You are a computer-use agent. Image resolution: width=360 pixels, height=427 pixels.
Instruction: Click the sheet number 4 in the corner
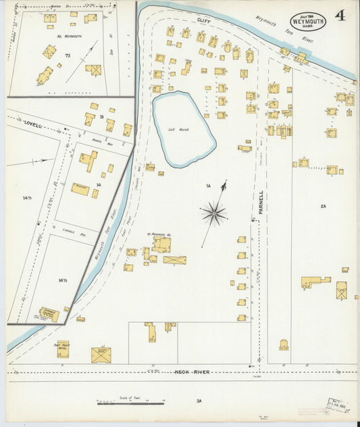click(x=339, y=16)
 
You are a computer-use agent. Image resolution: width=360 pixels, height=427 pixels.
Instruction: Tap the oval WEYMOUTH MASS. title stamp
click(x=308, y=21)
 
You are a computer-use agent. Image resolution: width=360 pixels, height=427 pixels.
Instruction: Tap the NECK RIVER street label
click(x=193, y=372)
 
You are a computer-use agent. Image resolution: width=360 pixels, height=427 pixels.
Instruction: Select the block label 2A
click(x=324, y=206)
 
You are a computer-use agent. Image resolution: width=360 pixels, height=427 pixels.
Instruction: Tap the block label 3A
click(x=199, y=401)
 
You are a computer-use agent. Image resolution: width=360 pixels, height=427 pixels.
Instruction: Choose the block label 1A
click(x=209, y=185)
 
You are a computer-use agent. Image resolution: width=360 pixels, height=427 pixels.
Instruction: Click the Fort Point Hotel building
click(x=63, y=349)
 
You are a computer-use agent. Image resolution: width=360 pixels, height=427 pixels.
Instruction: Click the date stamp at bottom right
click(x=338, y=405)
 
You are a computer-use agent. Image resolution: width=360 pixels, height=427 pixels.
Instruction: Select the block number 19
click(x=101, y=118)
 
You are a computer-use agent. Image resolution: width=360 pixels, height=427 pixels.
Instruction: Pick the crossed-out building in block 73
click(x=93, y=70)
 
